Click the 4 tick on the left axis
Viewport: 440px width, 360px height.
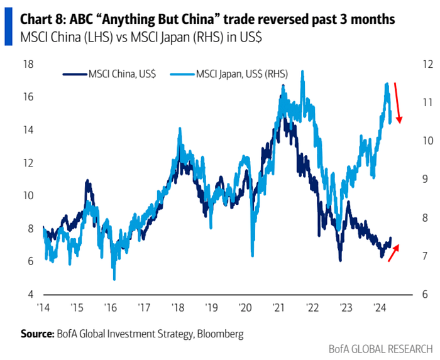pos(28,295)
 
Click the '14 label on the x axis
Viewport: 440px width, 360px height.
pos(44,308)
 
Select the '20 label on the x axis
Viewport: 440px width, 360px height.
pos(245,308)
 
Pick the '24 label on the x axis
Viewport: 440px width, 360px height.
pos(380,308)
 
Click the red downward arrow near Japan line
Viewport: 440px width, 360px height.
pos(399,103)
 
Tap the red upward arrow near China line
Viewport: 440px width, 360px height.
pos(393,253)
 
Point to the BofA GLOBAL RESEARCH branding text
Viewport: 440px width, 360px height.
pos(381,348)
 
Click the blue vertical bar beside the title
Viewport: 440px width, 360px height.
pos(8,28)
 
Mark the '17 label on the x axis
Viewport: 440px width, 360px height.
pos(145,308)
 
